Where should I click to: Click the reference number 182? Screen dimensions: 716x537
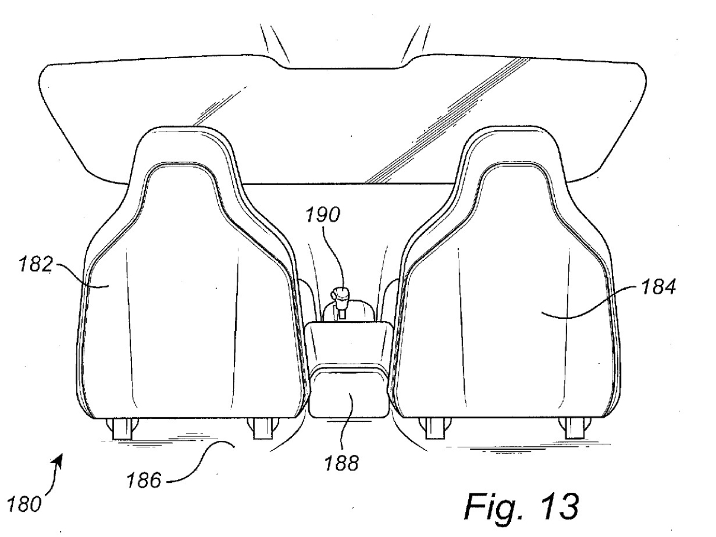coord(36,264)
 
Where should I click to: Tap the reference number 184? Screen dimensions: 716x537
coord(658,288)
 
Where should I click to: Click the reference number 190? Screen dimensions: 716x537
coord(323,214)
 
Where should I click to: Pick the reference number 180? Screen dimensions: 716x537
coord(25,504)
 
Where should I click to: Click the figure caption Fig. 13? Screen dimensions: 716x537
coord(521,506)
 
